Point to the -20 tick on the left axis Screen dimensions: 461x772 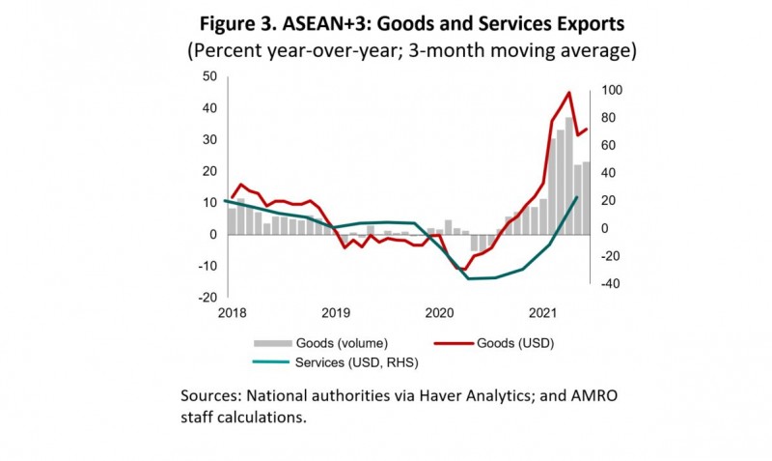208,297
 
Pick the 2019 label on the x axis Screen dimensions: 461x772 335,312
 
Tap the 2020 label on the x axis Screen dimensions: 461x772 439,312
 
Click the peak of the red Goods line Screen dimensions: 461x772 569,93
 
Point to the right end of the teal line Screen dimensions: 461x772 577,196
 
